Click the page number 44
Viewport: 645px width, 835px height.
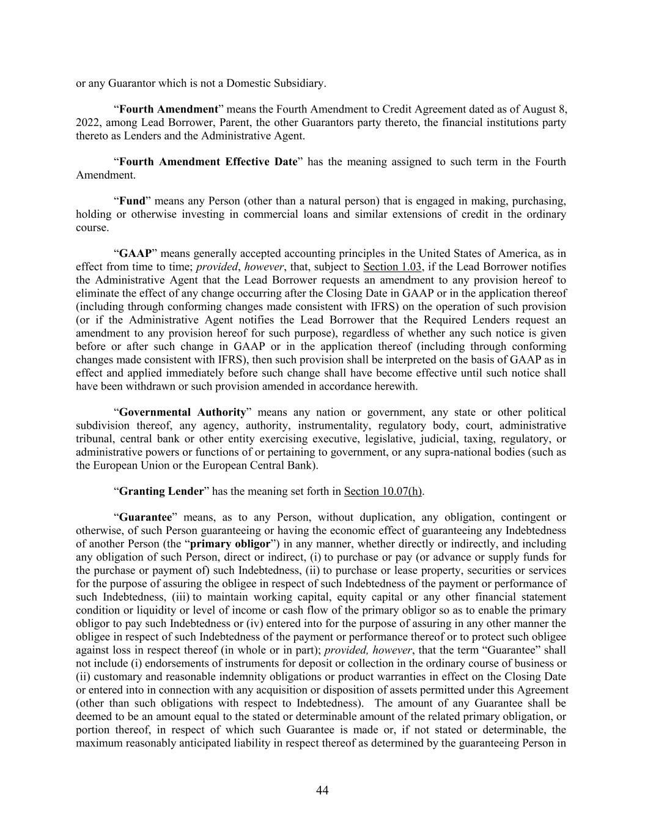click(322, 790)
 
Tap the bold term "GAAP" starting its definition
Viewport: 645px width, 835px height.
click(135, 254)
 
